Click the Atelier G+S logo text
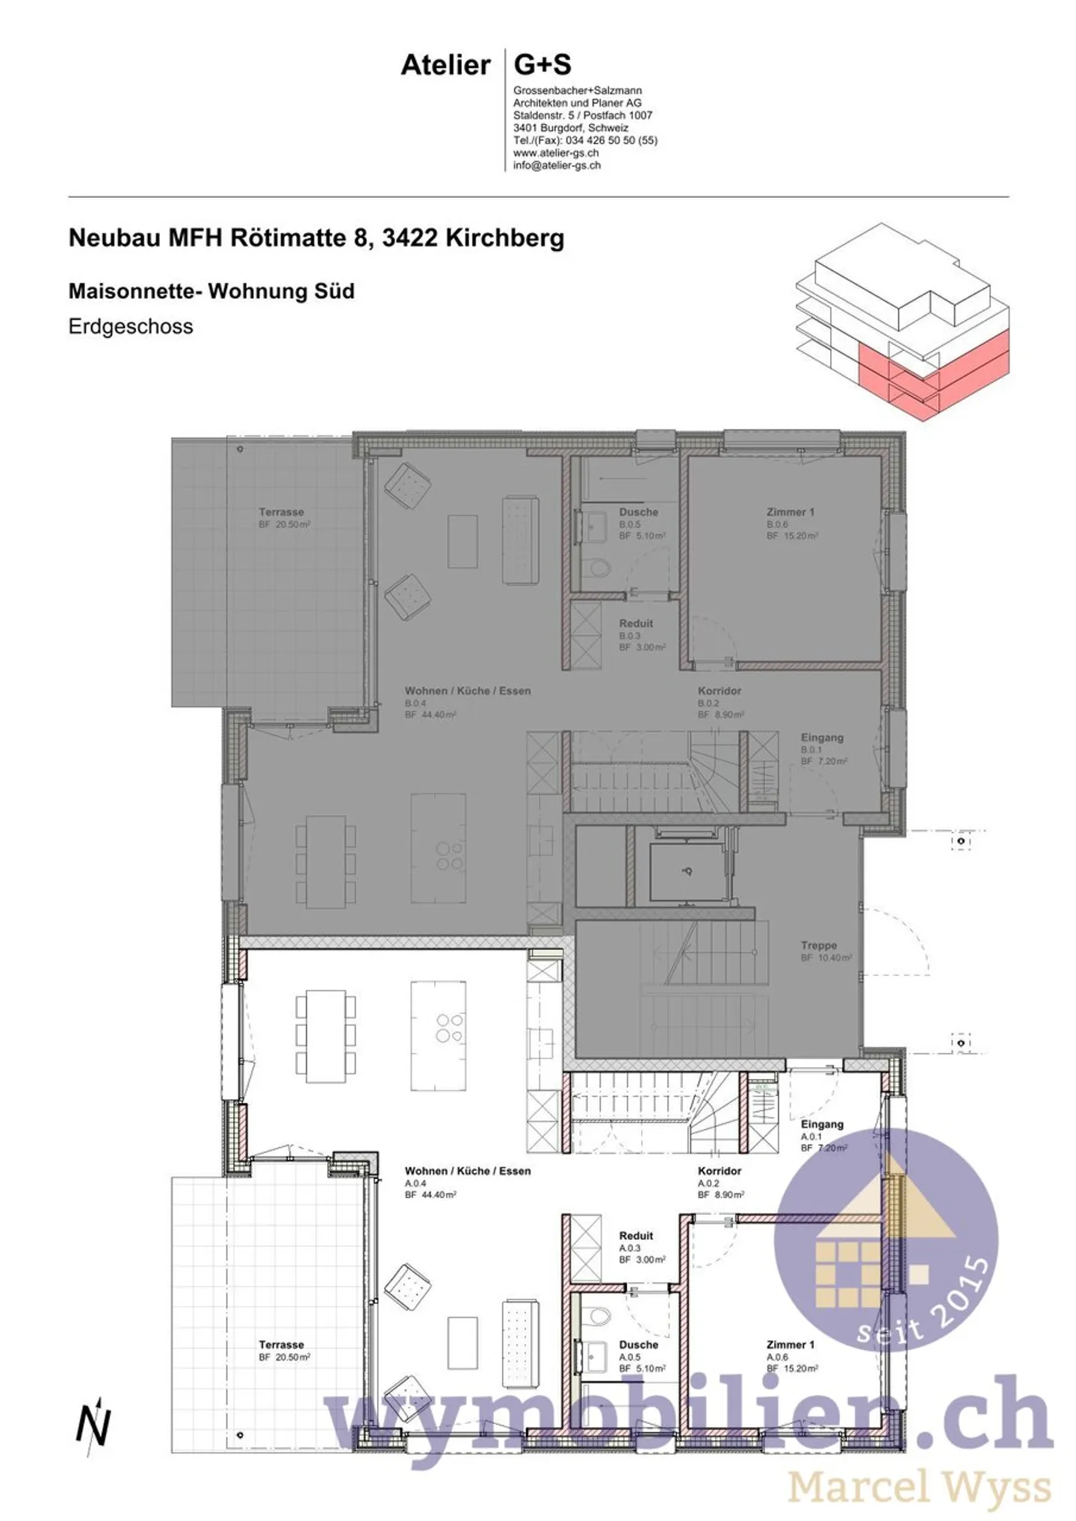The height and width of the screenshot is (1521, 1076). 486,66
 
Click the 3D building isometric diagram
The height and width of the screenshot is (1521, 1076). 902,320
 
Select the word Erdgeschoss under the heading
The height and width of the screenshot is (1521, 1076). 131,326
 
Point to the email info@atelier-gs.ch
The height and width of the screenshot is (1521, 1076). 557,166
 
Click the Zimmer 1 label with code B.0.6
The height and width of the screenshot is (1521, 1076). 790,512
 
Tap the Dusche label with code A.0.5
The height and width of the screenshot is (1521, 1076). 638,1345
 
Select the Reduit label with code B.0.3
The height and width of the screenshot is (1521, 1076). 636,623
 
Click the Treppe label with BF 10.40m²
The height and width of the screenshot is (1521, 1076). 818,945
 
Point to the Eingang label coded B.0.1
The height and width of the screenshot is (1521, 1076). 822,738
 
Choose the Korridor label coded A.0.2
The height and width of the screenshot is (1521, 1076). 720,1172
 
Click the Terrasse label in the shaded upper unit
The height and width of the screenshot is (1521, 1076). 281,512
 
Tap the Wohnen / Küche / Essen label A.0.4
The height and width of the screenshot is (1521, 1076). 468,1172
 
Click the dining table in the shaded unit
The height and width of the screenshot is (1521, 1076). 326,862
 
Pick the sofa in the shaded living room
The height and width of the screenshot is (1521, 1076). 520,539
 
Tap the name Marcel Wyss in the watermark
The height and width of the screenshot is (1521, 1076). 919,1487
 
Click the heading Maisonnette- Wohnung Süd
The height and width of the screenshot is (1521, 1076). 211,291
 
